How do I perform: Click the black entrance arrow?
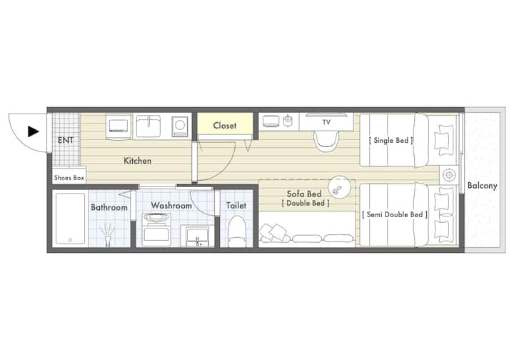click(x=33, y=131)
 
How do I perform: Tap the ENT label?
click(x=66, y=140)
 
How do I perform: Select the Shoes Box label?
click(x=69, y=178)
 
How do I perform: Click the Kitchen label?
click(x=137, y=161)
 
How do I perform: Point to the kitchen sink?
click(x=148, y=126)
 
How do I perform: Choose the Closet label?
click(x=225, y=126)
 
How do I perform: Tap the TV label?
click(x=326, y=122)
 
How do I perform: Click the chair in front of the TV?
click(x=326, y=141)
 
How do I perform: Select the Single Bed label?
click(x=390, y=140)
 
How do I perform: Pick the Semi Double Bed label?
click(x=395, y=215)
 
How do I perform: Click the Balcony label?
click(x=482, y=186)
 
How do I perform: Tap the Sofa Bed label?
click(x=304, y=194)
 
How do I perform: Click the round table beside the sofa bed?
click(x=339, y=188)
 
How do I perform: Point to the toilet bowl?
click(x=237, y=232)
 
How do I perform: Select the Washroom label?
click(x=171, y=206)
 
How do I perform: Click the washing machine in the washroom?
click(x=156, y=229)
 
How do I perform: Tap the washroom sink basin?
click(x=197, y=236)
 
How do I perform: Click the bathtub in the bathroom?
click(x=70, y=219)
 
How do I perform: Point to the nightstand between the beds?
click(x=449, y=175)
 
